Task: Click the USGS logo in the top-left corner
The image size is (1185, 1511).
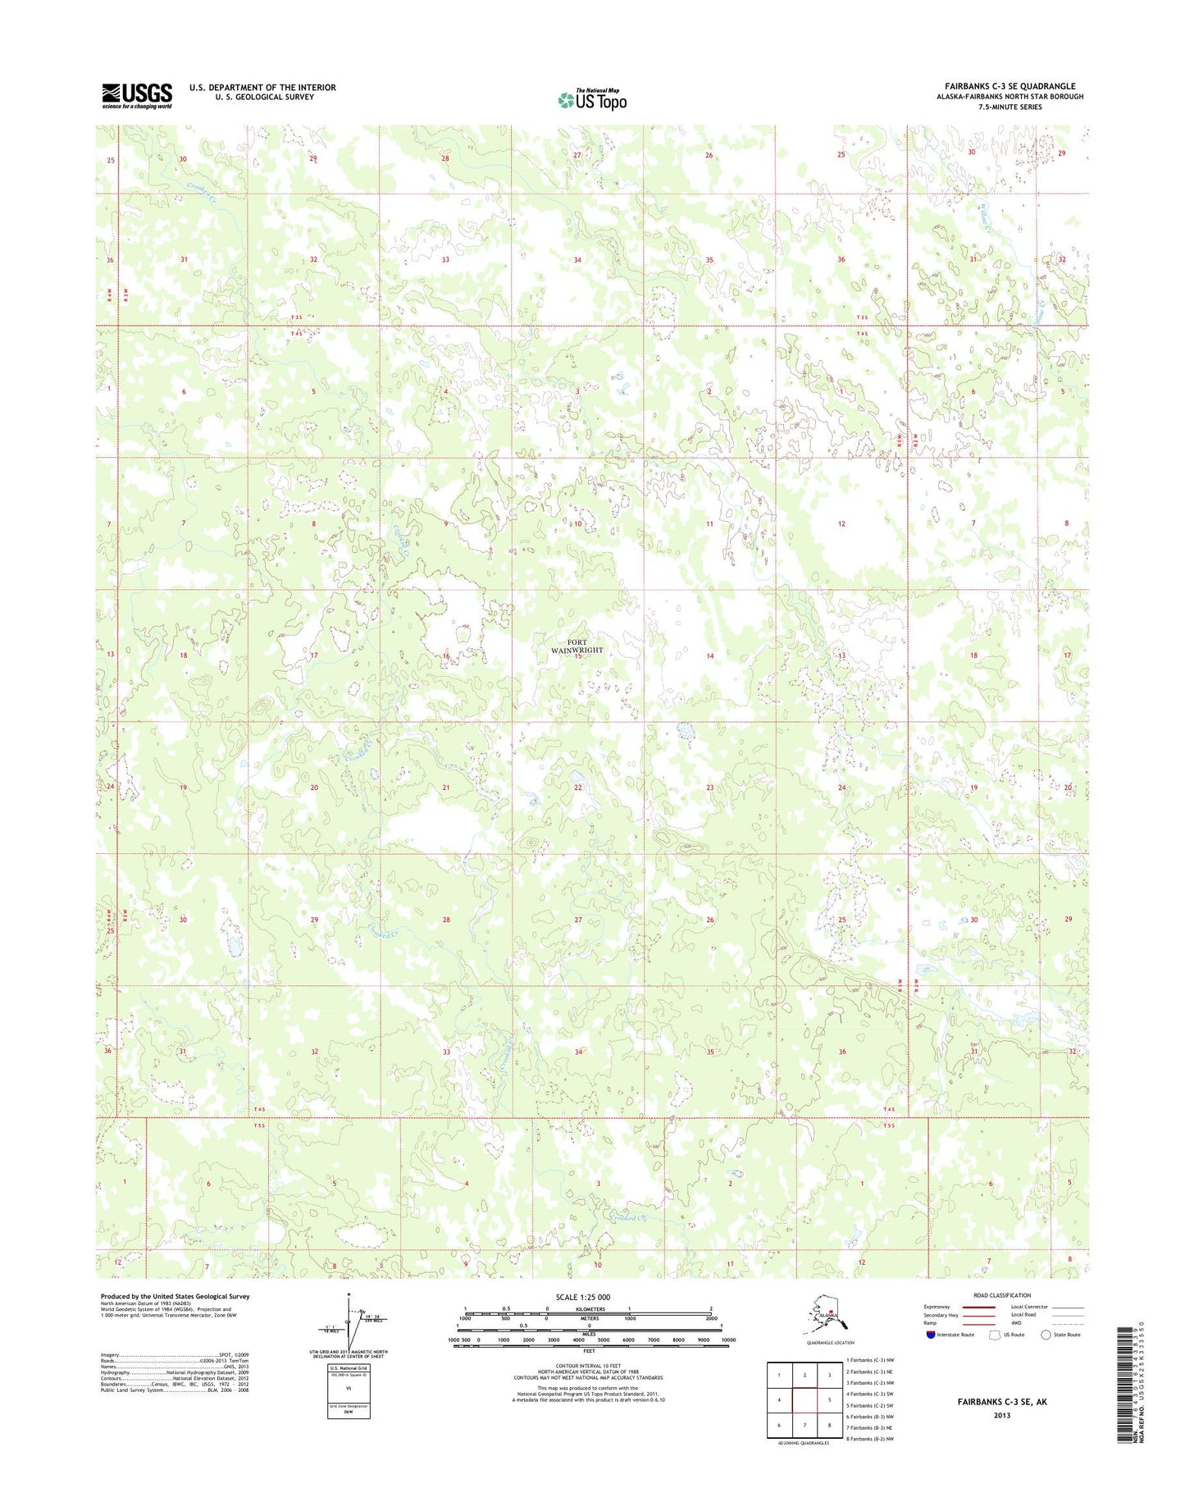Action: click(137, 95)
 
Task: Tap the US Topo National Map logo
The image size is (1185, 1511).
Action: click(592, 99)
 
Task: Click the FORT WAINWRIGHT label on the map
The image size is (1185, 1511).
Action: click(577, 646)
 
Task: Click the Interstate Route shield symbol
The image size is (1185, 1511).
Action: click(930, 1335)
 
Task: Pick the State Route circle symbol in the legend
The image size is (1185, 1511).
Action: click(1046, 1335)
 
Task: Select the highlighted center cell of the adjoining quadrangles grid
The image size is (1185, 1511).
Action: click(804, 1399)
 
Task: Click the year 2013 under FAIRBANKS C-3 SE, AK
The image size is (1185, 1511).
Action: click(1001, 1415)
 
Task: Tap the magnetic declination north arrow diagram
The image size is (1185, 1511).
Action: click(346, 1322)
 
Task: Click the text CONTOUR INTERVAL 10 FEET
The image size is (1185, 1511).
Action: click(589, 1366)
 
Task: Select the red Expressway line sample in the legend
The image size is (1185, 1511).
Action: click(979, 1308)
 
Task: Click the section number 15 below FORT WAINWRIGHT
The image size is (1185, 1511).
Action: click(577, 656)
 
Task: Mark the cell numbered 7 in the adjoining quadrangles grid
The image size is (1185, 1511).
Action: click(804, 1426)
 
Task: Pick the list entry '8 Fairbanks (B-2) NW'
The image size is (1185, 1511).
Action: click(872, 1439)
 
